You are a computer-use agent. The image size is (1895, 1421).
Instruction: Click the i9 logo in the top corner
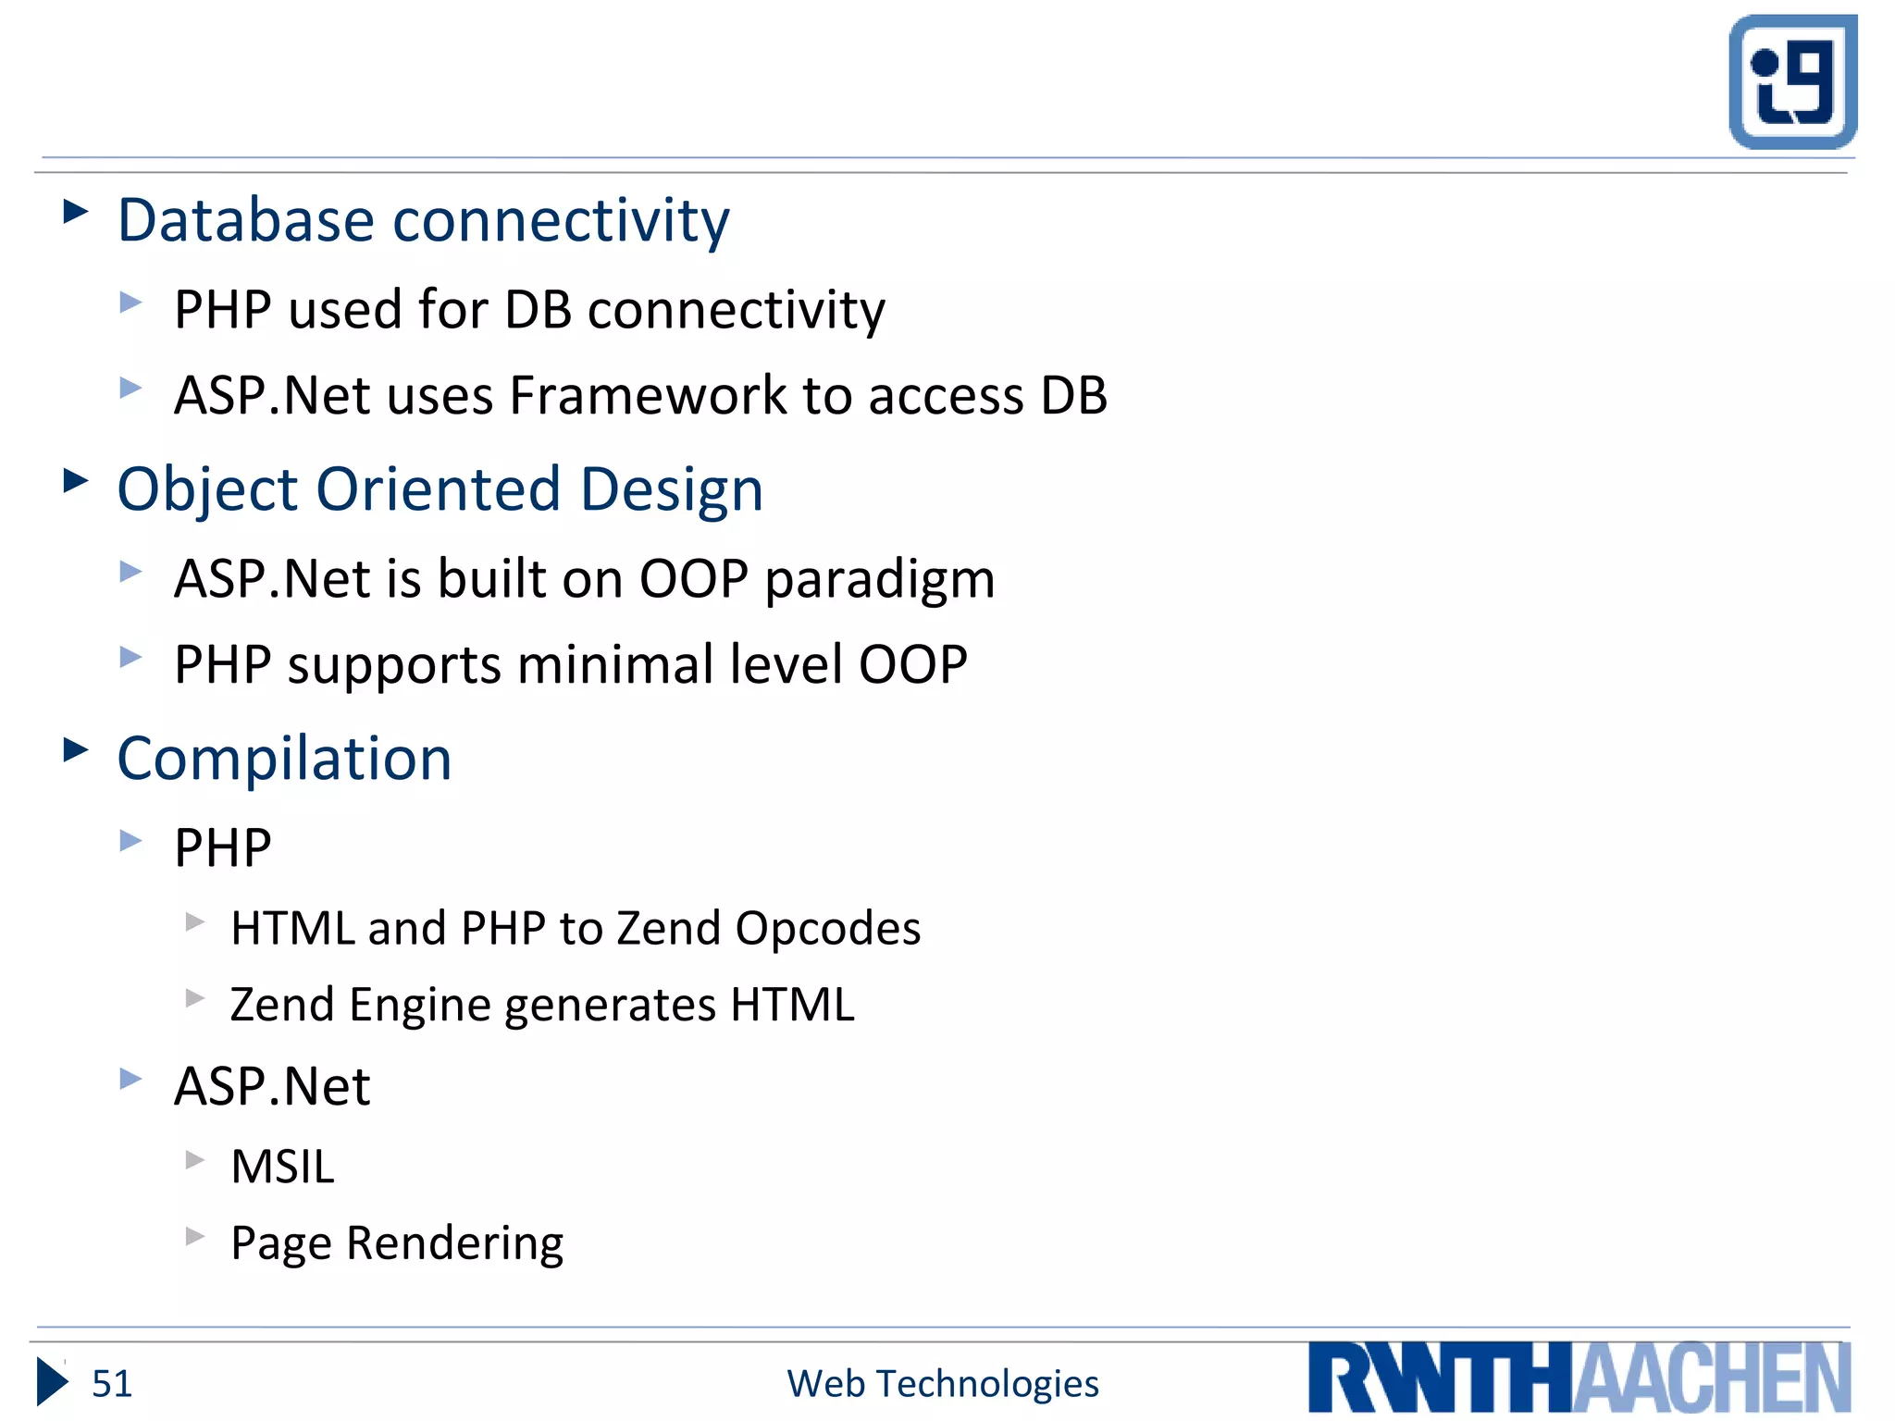1792,81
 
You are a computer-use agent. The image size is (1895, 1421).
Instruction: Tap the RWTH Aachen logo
1579,1378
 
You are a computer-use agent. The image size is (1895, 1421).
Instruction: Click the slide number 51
112,1384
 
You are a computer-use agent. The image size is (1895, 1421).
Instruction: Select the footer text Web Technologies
942,1384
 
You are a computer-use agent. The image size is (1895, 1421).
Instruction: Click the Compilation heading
284,759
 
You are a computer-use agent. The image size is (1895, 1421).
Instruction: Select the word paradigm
879,581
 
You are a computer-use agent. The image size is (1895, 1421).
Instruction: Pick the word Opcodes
827,928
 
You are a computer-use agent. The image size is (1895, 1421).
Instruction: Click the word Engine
420,1006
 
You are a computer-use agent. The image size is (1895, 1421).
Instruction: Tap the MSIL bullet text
282,1167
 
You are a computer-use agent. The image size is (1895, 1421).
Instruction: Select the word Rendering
453,1243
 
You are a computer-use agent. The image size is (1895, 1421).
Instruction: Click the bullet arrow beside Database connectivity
76,212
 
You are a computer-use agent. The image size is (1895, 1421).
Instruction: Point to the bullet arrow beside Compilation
76,749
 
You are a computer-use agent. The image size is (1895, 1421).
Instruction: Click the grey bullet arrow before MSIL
194,1160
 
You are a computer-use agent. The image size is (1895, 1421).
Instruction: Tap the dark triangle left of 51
52,1382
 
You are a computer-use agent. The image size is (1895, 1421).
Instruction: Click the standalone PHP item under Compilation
222,847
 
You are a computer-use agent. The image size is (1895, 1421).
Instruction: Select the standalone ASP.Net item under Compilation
272,1086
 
